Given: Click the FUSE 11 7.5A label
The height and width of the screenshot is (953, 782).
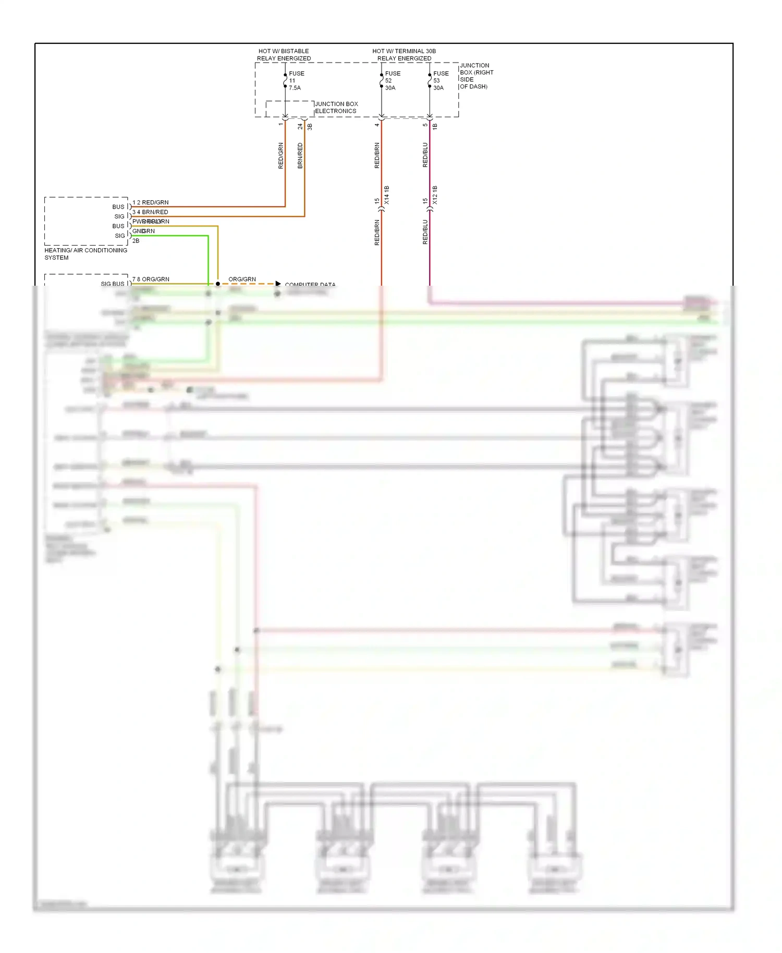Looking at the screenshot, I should coord(296,81).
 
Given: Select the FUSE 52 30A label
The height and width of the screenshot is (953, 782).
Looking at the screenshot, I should coord(392,81).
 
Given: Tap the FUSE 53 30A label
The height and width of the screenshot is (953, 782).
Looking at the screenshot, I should coord(440,81).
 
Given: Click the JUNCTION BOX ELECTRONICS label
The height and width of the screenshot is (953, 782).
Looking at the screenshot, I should coord(336,107).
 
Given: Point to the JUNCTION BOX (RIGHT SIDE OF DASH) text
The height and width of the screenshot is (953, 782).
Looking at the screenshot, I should coord(475,76).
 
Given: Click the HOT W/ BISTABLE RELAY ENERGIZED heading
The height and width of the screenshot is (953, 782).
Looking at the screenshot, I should coord(284,55).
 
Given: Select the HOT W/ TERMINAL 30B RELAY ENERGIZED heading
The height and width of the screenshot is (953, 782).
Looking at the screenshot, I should coord(404,55).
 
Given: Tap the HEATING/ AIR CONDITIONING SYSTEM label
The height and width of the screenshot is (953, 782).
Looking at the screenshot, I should coord(85,254).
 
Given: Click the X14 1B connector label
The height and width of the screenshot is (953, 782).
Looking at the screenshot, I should coord(387,195).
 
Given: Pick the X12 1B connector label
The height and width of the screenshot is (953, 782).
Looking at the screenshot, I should coord(435,195).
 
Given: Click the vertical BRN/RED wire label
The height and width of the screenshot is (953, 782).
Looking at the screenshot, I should coord(300,155).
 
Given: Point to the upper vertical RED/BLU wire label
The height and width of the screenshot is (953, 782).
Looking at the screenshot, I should coord(425,155).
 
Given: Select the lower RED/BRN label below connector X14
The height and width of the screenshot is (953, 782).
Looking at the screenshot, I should coord(377,233).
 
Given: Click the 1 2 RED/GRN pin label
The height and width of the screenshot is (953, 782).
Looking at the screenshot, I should coord(150,202).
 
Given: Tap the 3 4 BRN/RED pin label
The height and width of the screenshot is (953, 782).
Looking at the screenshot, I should coord(150,212).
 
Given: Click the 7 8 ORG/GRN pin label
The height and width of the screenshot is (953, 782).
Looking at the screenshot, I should coord(151,279).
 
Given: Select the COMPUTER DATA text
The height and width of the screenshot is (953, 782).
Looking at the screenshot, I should coord(310,284).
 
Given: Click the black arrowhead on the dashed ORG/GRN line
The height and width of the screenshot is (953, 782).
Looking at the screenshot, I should coord(278,284).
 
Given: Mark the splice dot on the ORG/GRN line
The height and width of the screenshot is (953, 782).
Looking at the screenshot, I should coord(218,284).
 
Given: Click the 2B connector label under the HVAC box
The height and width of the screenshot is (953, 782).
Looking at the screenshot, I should coord(136,241).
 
